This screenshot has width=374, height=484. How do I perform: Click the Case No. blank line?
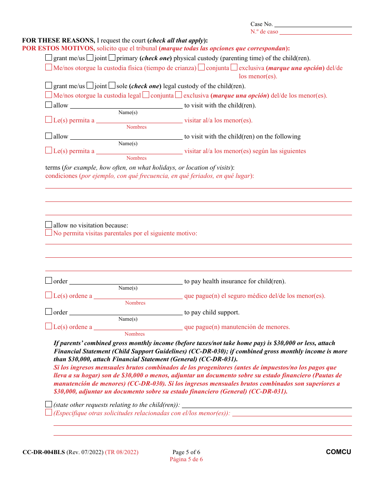pyautogui.click(x=313, y=24)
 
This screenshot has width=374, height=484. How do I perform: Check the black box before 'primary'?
pyautogui.click(x=112, y=58)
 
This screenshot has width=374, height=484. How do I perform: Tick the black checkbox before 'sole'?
pyautogui.click(x=112, y=85)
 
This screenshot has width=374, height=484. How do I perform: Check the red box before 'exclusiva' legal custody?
pyautogui.click(x=178, y=95)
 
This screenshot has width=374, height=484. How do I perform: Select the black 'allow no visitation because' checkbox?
pyautogui.click(x=48, y=225)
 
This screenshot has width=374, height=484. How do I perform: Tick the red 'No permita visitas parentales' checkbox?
pyautogui.click(x=48, y=233)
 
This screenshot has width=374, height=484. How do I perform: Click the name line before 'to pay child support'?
pyautogui.click(x=126, y=313)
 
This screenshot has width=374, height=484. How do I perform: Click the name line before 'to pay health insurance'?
pyautogui.click(x=126, y=282)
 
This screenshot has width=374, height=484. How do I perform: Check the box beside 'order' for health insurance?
pyautogui.click(x=48, y=281)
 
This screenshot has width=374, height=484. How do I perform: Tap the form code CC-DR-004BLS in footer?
pyautogui.click(x=43, y=452)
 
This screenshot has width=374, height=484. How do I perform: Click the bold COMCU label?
pyautogui.click(x=338, y=452)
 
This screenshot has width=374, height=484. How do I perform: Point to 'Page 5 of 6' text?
pyautogui.click(x=186, y=452)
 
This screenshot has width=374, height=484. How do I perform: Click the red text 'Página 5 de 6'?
pyautogui.click(x=186, y=459)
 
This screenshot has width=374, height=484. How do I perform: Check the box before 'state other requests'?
pyautogui.click(x=48, y=404)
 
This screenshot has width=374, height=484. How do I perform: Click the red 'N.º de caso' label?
pyautogui.click(x=264, y=32)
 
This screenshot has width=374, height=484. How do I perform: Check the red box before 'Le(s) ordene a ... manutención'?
pyautogui.click(x=48, y=326)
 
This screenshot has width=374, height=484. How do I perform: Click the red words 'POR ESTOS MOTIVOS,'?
pyautogui.click(x=58, y=48)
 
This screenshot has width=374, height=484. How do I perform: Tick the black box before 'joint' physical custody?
pyautogui.click(x=90, y=58)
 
